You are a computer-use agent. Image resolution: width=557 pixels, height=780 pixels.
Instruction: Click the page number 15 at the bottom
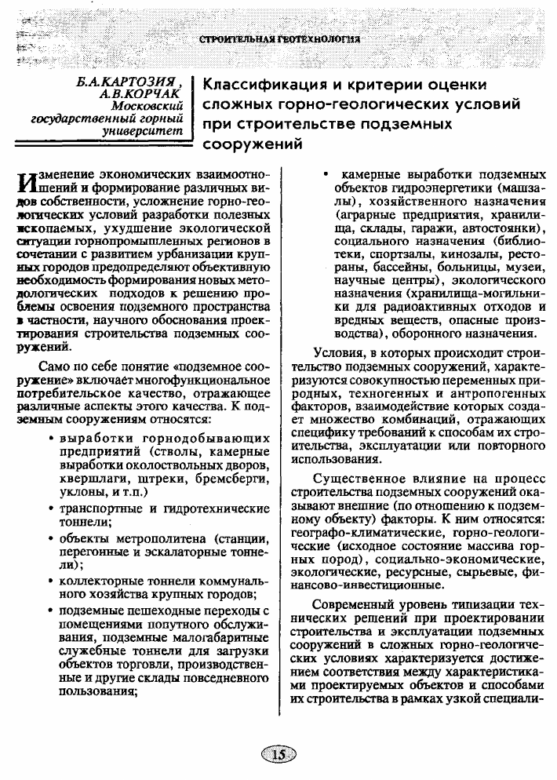278,755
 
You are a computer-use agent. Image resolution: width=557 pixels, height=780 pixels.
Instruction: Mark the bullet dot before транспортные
51,509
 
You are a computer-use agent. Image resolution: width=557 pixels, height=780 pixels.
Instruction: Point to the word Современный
360,606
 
